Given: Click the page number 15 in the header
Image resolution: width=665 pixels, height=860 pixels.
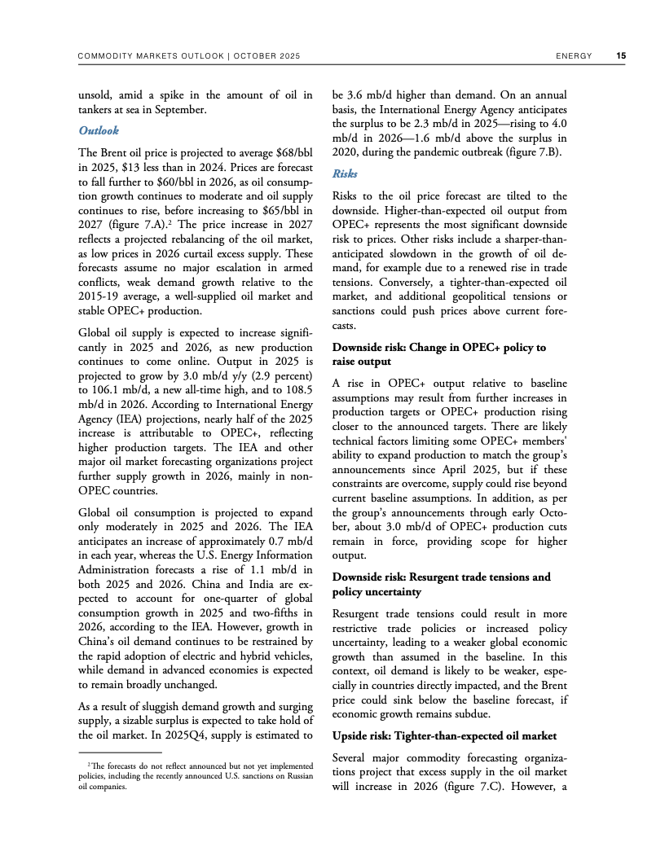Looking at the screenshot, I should pos(621,56).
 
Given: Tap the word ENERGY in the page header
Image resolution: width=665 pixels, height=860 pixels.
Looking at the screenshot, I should pos(575,56).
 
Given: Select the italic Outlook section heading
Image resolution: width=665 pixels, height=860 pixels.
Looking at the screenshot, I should pos(99,130).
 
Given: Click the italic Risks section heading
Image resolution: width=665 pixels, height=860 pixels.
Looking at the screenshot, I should pos(346,173).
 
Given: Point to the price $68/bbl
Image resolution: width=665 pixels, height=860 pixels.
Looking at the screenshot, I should pos(293,152).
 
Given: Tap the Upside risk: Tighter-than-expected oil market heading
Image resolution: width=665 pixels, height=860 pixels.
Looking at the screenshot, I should pos(444,736).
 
